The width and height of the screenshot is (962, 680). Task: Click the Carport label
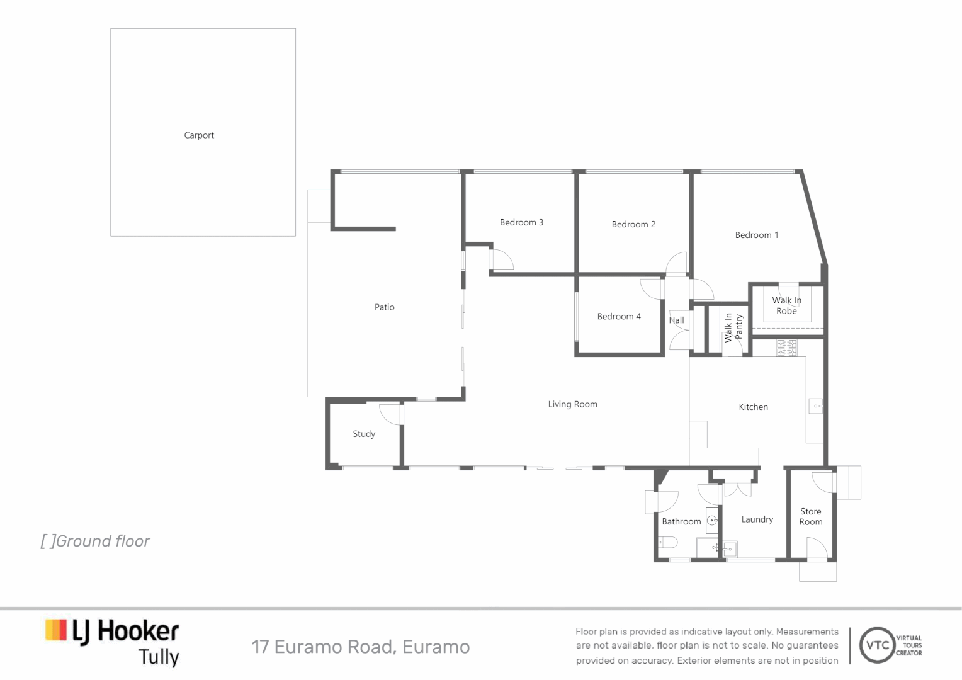tap(199, 135)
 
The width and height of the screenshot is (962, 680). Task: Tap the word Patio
tap(384, 307)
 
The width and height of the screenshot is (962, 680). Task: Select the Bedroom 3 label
tap(521, 222)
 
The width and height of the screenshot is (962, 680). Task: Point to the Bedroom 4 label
tap(619, 317)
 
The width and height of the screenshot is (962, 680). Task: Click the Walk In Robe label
tap(786, 305)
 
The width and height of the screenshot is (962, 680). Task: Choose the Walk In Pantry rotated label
tap(733, 327)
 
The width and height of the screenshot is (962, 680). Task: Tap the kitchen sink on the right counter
tap(816, 406)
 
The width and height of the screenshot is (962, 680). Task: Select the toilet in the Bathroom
tap(667, 542)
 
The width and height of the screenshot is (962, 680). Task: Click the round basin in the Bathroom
tap(712, 521)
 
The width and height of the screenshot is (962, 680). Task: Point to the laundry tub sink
tap(730, 549)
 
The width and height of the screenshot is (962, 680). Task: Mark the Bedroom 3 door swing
tap(502, 260)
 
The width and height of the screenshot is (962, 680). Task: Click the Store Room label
tap(810, 516)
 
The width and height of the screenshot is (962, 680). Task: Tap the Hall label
tap(676, 320)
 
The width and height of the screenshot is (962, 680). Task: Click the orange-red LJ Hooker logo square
tap(56, 630)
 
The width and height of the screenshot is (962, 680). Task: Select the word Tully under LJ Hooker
tap(159, 657)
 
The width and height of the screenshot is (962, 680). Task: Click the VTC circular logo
tap(877, 645)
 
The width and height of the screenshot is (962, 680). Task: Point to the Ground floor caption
tap(96, 541)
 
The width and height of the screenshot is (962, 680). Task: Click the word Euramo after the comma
tap(436, 647)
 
